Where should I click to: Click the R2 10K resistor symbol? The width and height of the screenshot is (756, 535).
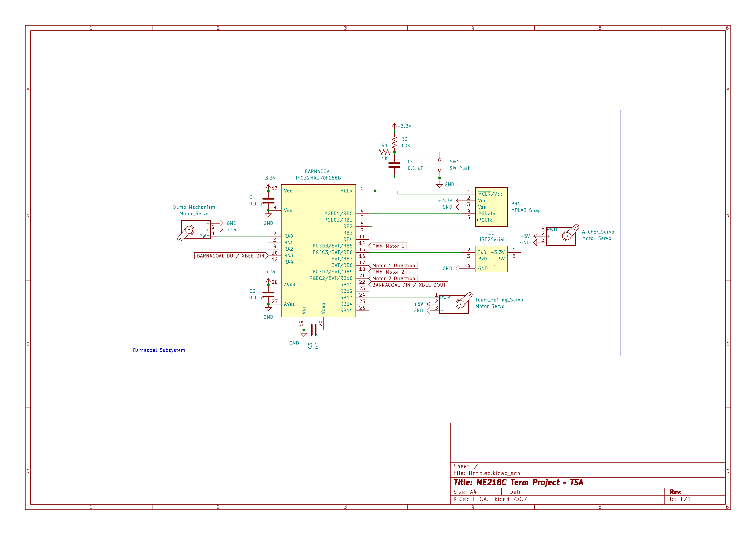394,142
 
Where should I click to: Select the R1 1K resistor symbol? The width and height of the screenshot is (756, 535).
384,152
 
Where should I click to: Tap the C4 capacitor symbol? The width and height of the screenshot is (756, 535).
394,165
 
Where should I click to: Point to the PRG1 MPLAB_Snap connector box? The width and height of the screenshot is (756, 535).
491,207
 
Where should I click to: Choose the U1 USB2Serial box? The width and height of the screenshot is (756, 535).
491,259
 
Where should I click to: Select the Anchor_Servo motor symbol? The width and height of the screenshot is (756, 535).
561,236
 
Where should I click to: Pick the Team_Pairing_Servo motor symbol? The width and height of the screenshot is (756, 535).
454,304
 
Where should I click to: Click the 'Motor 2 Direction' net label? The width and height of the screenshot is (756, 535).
393,278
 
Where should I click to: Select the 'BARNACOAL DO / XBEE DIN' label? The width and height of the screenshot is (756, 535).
230,256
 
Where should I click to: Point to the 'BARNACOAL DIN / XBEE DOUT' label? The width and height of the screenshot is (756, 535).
409,285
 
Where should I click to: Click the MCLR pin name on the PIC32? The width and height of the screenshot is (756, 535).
346,191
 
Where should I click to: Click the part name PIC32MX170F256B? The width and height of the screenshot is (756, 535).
318,178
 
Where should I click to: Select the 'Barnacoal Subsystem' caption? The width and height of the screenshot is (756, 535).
159,350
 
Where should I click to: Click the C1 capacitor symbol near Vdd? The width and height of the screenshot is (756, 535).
268,201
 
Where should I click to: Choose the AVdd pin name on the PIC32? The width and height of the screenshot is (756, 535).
289,285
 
